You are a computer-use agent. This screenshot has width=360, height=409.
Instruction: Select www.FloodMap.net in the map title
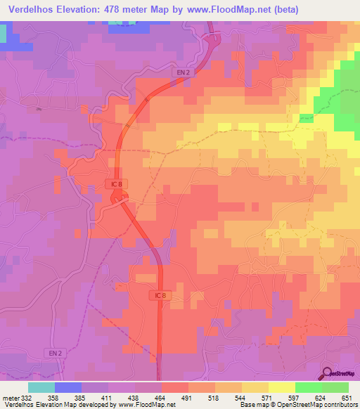click(x=227, y=10)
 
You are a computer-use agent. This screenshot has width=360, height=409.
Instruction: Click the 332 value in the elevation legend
click(x=27, y=398)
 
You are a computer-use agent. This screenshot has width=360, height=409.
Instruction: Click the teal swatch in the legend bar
click(x=41, y=387)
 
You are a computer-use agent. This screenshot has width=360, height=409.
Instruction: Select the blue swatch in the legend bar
click(x=68, y=387)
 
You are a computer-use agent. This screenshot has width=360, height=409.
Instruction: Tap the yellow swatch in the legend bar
click(x=282, y=387)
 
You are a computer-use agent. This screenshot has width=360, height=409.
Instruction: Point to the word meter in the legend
click(x=9, y=398)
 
